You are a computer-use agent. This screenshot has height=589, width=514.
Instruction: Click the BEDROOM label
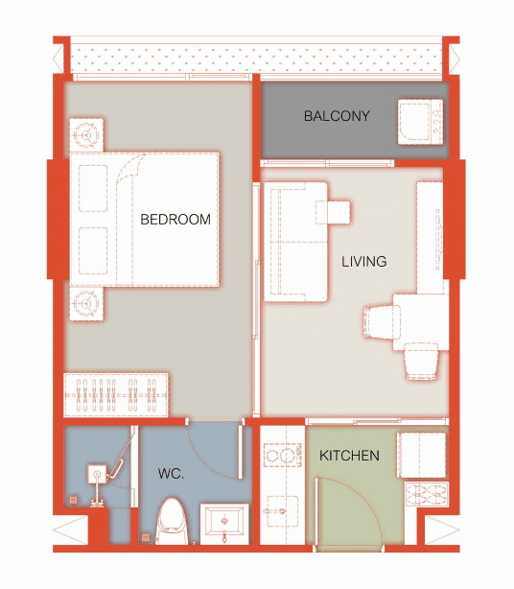[x=175, y=220]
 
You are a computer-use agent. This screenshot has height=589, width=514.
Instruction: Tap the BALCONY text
[x=337, y=116]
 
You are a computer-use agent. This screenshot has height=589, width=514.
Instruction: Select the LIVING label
[x=363, y=262]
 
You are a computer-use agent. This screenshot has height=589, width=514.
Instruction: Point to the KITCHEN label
[x=349, y=456]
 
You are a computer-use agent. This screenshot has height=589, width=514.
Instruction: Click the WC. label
[x=171, y=474]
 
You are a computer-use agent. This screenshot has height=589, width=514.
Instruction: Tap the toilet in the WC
[x=173, y=521]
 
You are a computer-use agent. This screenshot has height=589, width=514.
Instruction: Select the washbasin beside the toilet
[x=224, y=524]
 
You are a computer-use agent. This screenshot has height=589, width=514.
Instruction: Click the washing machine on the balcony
[x=420, y=121]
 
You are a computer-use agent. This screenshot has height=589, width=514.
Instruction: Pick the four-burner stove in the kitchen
[x=427, y=494]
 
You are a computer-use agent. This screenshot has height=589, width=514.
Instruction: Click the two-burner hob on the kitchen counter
[x=282, y=456]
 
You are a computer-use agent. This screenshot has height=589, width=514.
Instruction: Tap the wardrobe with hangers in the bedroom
[x=116, y=395]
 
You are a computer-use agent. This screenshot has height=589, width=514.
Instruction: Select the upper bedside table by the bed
[x=86, y=134]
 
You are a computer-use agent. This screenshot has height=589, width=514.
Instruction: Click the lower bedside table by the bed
[x=86, y=303]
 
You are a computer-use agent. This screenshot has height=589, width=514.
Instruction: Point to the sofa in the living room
[x=296, y=242]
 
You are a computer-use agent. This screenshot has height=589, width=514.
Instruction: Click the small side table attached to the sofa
[x=334, y=212]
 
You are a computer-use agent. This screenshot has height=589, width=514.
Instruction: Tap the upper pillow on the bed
[x=93, y=188]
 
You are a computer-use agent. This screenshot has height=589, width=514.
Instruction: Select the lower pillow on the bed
[x=93, y=250]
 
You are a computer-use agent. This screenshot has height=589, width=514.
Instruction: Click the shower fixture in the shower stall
[x=97, y=474]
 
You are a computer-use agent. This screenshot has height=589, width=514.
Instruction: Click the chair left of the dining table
[x=383, y=322]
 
